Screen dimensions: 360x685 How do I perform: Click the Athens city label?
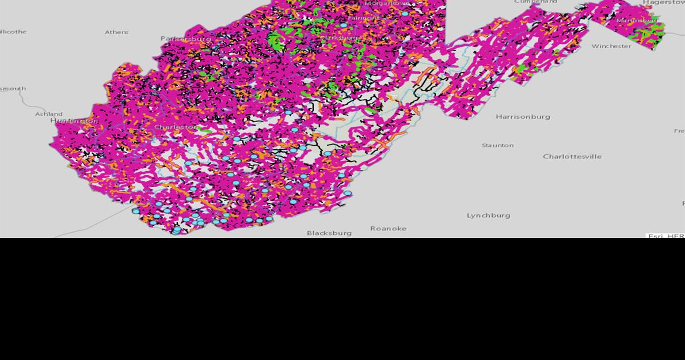click(x=116, y=32)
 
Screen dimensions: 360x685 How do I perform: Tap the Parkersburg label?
click(x=185, y=39)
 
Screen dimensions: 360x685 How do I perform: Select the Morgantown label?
click(x=387, y=3)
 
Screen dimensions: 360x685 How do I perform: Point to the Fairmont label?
click(x=363, y=18)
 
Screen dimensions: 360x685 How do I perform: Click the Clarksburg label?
click(x=341, y=37)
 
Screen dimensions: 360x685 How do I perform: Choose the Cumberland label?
click(x=535, y=2)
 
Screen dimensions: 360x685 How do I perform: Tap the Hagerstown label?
click(x=664, y=3)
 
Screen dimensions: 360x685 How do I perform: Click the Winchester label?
click(x=611, y=46)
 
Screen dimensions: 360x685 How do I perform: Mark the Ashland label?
click(x=49, y=114)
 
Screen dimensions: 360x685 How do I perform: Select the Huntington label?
click(x=74, y=121)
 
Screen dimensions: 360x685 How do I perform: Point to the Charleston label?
click(x=176, y=127)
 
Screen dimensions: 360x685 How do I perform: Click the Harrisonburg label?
click(x=523, y=117)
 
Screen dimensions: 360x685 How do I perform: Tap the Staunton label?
click(x=497, y=145)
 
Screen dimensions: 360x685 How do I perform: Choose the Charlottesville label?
click(x=572, y=157)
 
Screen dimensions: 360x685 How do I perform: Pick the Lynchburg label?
click(x=488, y=215)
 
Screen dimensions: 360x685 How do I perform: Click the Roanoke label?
click(x=388, y=229)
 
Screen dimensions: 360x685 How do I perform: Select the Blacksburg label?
click(x=329, y=233)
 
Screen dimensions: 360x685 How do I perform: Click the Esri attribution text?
click(x=665, y=236)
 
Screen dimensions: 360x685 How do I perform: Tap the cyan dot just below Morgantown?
click(x=405, y=14)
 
